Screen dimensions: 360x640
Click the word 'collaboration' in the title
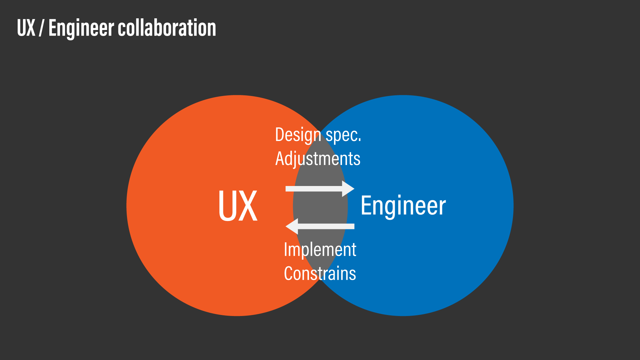(167, 28)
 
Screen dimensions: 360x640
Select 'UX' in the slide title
(26, 28)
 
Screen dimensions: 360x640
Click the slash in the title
(41, 28)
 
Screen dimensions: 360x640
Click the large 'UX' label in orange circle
(238, 206)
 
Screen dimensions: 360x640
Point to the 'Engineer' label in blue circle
(403, 206)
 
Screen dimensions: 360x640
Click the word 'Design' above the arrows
(298, 135)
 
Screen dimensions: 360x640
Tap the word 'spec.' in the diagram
(343, 135)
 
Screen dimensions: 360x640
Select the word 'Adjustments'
(318, 159)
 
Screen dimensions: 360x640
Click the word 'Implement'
(320, 250)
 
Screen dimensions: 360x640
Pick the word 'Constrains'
(320, 274)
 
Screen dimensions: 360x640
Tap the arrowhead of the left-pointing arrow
(292, 226)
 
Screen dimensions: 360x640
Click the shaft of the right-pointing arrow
(313, 189)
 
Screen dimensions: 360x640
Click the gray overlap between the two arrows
(320, 207)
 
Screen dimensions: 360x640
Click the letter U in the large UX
(228, 206)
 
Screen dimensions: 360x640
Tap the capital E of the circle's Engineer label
(366, 206)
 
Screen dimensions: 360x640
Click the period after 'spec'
(360, 140)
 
